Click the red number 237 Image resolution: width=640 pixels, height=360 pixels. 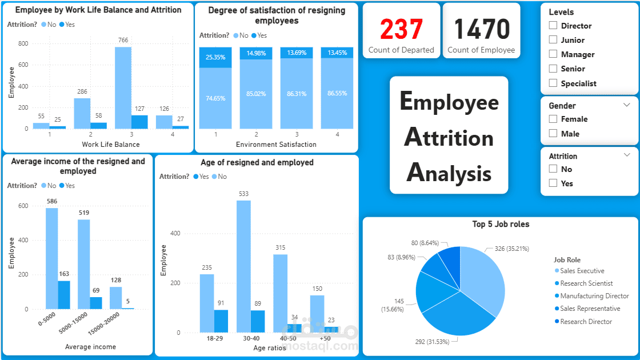coord(401,29)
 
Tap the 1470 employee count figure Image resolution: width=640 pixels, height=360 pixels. coord(481,29)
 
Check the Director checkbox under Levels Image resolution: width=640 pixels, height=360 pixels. coord(553,25)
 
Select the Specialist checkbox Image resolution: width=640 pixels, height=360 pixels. coord(553,83)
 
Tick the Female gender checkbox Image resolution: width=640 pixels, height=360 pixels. coord(553,119)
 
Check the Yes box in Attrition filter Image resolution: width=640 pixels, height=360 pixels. coord(553,183)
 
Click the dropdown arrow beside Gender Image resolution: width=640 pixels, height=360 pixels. coord(627,105)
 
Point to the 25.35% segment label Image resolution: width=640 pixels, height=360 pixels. coord(215,57)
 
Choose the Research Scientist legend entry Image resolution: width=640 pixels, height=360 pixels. coord(586,283)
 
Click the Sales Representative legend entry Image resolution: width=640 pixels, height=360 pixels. coord(590,309)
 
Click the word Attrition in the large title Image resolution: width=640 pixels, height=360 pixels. coord(449,138)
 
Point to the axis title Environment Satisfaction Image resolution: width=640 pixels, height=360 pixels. coord(276,145)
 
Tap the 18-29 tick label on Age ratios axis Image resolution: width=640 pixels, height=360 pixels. coord(214,338)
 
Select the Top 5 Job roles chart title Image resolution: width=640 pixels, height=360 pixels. coord(501,224)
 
